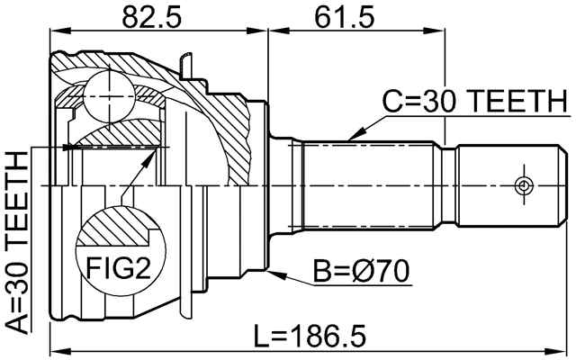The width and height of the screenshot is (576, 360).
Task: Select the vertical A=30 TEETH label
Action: coord(15,244)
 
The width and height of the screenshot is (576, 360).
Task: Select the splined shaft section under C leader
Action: coord(369,184)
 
